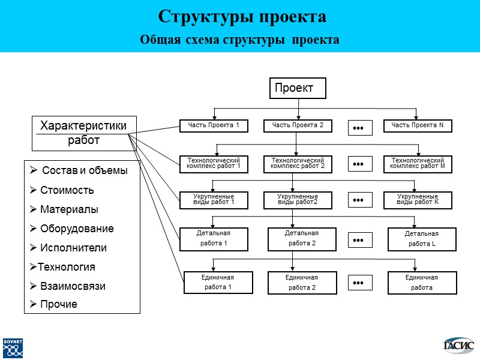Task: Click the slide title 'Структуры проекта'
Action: (242, 17)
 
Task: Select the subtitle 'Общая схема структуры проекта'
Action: (239, 40)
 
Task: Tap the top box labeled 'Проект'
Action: (298, 88)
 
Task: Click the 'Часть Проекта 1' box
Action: (214, 125)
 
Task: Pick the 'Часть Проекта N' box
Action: (418, 125)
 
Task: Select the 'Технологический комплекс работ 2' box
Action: (298, 164)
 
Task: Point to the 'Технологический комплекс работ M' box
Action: (418, 164)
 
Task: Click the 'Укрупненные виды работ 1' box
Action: (214, 200)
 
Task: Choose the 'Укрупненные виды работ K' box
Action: (418, 200)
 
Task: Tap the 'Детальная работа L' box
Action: (421, 239)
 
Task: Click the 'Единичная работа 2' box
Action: (301, 283)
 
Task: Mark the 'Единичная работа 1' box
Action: (217, 283)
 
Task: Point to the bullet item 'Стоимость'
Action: (67, 191)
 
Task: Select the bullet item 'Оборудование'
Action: (76, 229)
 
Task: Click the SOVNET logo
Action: (13, 347)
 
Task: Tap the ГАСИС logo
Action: (458, 345)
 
